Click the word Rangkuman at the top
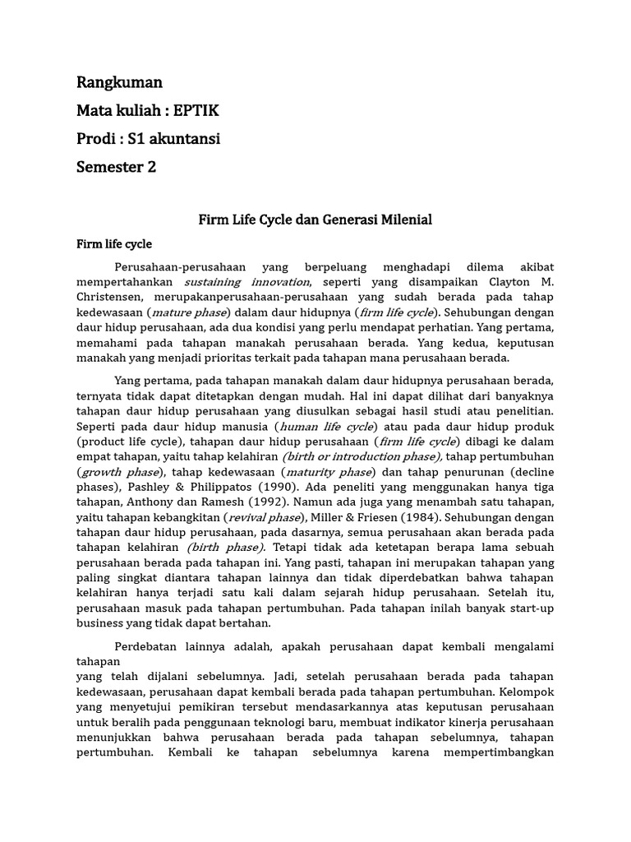(119, 82)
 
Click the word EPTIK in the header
(196, 110)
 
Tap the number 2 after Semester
(151, 167)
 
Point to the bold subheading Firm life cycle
(114, 244)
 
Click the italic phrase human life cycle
(327, 427)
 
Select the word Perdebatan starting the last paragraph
(151, 646)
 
